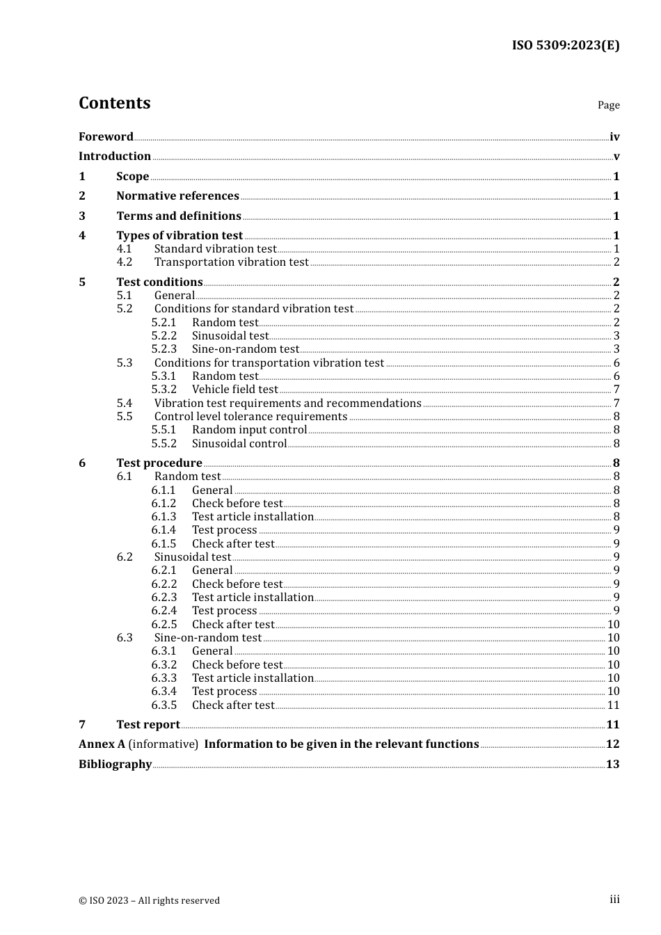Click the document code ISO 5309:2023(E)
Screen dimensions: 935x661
(x=565, y=45)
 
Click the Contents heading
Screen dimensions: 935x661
(x=114, y=103)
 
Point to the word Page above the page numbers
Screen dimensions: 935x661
(x=608, y=105)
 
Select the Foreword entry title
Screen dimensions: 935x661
(x=106, y=137)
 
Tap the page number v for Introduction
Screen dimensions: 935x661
(x=616, y=157)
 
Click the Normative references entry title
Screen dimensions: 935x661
(x=177, y=196)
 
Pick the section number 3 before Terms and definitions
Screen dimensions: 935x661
(x=82, y=216)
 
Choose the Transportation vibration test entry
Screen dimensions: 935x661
(x=231, y=262)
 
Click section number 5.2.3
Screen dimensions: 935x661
(x=164, y=349)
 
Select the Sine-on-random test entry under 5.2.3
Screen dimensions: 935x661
(x=245, y=349)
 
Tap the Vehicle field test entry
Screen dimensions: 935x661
(x=234, y=390)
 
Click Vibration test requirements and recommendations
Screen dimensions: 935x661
(x=287, y=403)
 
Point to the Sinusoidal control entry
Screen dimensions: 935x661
(x=239, y=444)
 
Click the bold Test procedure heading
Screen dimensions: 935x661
(x=159, y=463)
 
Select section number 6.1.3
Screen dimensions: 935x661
(x=164, y=517)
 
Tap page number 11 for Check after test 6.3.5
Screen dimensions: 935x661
(x=613, y=705)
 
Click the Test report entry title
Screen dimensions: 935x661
(x=148, y=725)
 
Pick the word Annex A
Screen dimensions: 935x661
(x=102, y=744)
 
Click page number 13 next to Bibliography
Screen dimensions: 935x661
(x=612, y=765)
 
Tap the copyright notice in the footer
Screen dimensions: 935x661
(x=149, y=901)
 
